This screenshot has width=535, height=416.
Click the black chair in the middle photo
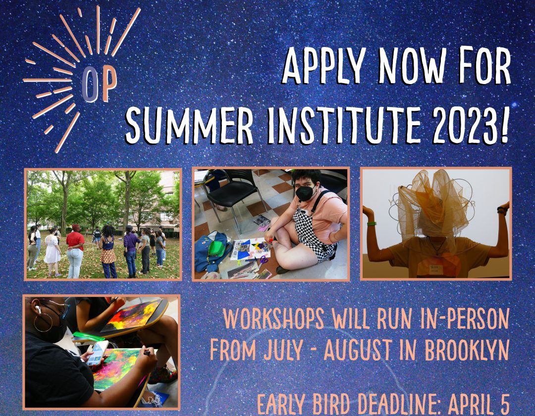coord(233,195)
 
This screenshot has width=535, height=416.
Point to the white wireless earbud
coord(37,309)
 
